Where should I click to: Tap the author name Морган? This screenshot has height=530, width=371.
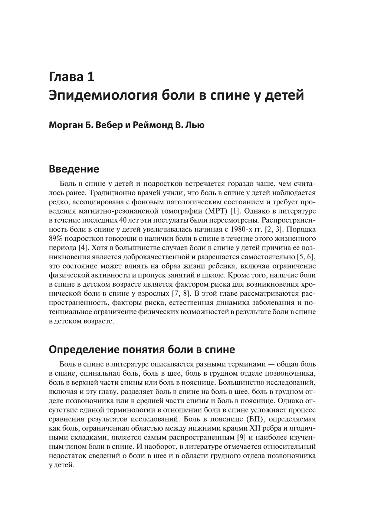64,125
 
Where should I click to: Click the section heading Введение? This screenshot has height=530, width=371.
74,169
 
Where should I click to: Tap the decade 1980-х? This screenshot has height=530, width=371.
258,229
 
